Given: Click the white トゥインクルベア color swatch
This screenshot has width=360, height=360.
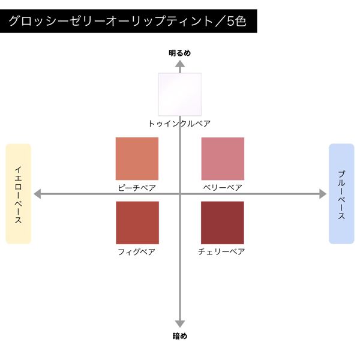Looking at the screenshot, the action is [x=180, y=94].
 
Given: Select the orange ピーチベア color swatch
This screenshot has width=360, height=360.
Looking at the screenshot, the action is [x=137, y=158].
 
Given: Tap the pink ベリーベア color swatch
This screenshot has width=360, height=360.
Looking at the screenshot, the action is [x=223, y=158].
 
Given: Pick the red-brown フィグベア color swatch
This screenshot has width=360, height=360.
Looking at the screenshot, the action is [x=137, y=223].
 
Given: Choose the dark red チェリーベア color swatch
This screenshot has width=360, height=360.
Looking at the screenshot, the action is [x=223, y=223].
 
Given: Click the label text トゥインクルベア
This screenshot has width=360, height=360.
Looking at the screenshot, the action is [x=179, y=124].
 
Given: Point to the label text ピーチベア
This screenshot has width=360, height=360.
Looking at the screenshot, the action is [x=137, y=188].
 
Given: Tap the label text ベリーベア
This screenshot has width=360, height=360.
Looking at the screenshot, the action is [x=223, y=188].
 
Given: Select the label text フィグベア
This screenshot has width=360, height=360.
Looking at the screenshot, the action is [x=137, y=252].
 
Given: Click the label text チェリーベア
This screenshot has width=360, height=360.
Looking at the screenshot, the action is [x=221, y=251].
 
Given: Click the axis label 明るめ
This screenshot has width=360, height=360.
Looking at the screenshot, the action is [x=180, y=53].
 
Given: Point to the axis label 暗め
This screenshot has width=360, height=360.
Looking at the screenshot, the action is [x=180, y=336].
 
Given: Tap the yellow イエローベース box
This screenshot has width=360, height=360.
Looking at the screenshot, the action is [x=19, y=194].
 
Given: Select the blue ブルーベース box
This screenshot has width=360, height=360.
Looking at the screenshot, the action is [x=341, y=194].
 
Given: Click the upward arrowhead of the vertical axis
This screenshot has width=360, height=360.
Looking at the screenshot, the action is [x=180, y=64].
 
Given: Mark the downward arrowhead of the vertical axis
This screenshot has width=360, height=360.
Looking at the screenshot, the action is [x=180, y=324].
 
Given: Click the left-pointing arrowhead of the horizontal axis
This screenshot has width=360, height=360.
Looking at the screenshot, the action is [x=37, y=194].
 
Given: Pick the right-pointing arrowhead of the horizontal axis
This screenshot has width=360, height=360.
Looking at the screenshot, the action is [x=323, y=194].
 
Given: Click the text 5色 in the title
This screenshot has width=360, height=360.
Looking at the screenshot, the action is [x=237, y=22].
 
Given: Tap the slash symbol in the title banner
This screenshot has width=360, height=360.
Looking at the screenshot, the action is [x=219, y=22].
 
